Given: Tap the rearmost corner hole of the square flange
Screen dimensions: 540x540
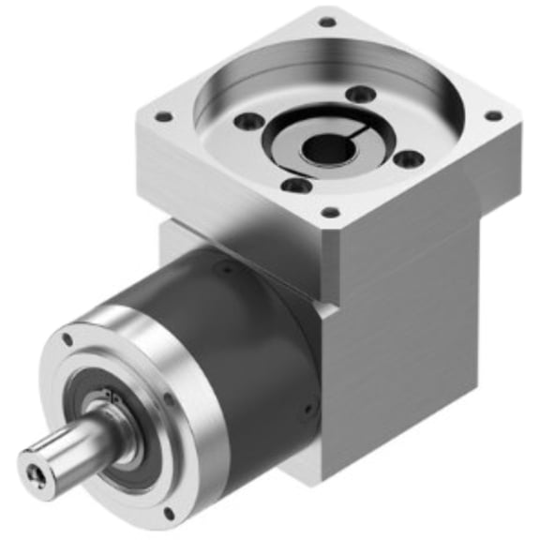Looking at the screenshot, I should click(x=326, y=22).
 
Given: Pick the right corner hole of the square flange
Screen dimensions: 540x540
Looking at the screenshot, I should click(x=492, y=116).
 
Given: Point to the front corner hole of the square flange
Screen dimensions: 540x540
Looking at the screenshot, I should click(x=330, y=213).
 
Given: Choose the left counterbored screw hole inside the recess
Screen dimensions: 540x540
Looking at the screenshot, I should click(x=247, y=122).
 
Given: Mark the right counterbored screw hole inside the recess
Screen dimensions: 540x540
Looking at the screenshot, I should click(x=407, y=159).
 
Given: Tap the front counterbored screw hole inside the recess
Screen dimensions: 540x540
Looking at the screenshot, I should click(x=296, y=186).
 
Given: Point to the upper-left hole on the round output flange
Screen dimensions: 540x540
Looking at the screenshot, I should click(x=67, y=339).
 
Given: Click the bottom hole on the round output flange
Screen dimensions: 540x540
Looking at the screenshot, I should click(x=169, y=513).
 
